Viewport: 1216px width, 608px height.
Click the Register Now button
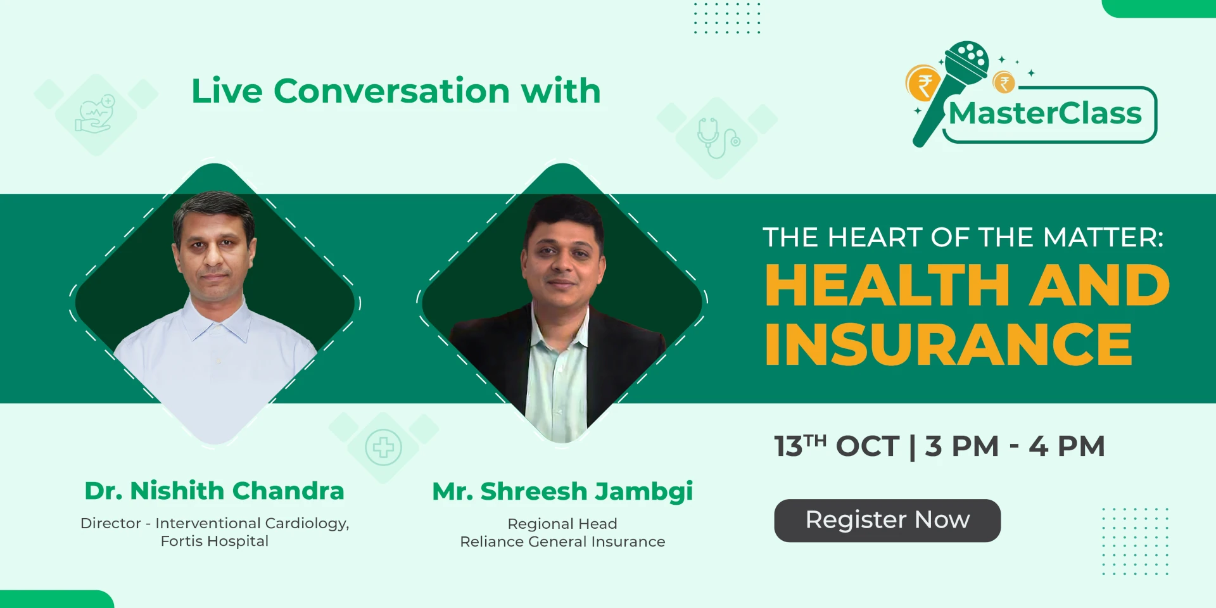pyautogui.click(x=887, y=521)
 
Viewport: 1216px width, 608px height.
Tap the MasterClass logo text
pyautogui.click(x=1045, y=113)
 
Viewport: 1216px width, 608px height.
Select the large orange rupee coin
pyautogui.click(x=923, y=84)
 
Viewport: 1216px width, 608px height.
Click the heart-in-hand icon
pyautogui.click(x=96, y=114)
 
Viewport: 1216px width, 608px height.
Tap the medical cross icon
pyautogui.click(x=383, y=448)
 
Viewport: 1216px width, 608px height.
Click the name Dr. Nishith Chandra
pyautogui.click(x=214, y=491)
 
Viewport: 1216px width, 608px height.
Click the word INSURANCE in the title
pyautogui.click(x=949, y=344)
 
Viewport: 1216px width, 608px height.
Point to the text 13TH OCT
pyautogui.click(x=837, y=446)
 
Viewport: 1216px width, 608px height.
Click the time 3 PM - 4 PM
pyautogui.click(x=1015, y=446)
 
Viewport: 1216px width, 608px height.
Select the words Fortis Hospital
pyautogui.click(x=215, y=541)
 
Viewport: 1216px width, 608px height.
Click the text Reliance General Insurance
pyautogui.click(x=562, y=542)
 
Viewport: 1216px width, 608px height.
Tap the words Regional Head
pyautogui.click(x=562, y=524)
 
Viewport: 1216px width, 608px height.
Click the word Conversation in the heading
pyautogui.click(x=391, y=91)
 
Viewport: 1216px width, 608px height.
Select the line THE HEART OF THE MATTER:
pyautogui.click(x=963, y=237)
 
